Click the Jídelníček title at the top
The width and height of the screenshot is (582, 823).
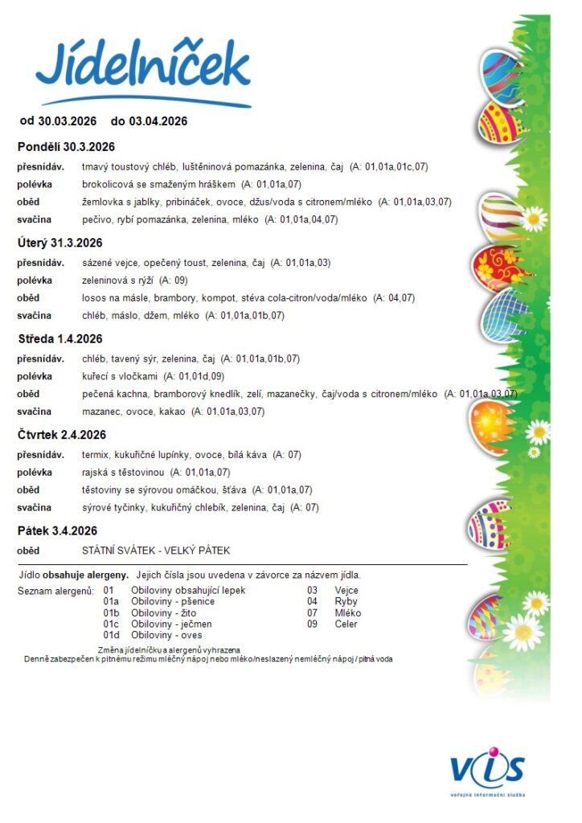143,68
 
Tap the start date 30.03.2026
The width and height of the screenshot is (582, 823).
67,121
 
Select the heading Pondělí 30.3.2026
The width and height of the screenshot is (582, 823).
66,147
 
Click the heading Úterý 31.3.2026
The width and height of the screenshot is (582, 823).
59,243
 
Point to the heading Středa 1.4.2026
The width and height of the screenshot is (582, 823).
60,338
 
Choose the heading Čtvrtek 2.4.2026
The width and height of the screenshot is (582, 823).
62,435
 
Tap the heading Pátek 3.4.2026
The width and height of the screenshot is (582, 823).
57,531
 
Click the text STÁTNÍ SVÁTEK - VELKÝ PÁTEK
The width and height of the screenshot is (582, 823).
156,551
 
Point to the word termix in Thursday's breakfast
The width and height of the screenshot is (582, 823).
96,455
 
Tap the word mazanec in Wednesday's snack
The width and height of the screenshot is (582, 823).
100,411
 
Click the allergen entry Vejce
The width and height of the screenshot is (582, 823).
346,590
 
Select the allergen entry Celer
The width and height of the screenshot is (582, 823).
346,624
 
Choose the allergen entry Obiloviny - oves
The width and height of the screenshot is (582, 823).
166,635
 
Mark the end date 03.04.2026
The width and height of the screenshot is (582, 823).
158,121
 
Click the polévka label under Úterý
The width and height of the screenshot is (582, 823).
35,280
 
